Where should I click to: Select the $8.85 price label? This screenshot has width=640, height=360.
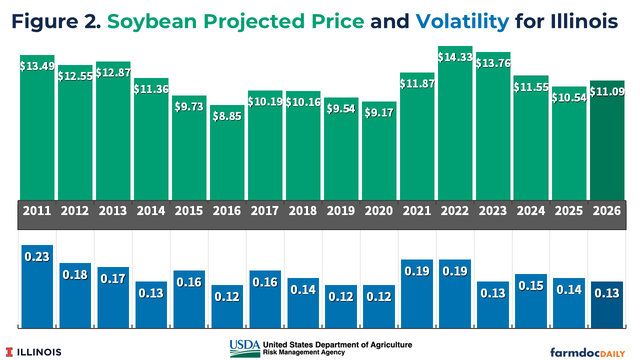point(227,116)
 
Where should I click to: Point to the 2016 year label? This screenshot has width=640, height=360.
point(227,210)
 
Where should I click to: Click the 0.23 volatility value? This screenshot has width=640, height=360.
point(37,256)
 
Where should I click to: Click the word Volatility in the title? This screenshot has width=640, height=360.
point(462,21)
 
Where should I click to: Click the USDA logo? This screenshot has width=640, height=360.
point(244,348)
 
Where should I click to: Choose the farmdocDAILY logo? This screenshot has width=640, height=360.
point(587,352)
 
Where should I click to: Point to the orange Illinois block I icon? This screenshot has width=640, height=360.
point(9,352)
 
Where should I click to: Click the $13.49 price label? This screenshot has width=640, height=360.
point(37,66)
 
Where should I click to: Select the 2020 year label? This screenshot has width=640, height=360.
point(379,210)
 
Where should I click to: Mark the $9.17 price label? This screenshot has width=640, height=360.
point(379,112)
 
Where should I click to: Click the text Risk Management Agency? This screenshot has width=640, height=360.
point(303,352)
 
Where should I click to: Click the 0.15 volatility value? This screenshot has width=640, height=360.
point(531,285)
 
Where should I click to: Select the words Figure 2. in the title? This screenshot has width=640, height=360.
point(56,21)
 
